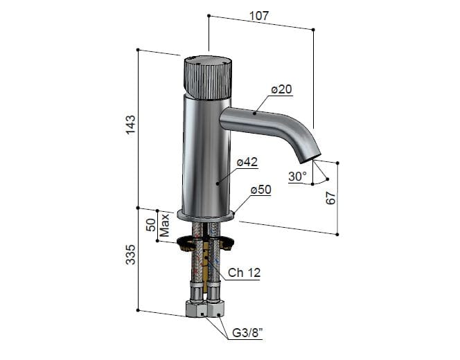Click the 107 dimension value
tap(260, 15)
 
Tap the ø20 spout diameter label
tap(281, 89)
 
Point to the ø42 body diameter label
tap(247, 162)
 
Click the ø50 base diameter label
tap(260, 189)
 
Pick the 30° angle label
tap(297, 177)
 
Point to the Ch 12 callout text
tap(245, 273)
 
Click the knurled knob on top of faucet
tap(207, 74)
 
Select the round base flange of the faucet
tap(206, 215)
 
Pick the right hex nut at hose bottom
tap(216, 307)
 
